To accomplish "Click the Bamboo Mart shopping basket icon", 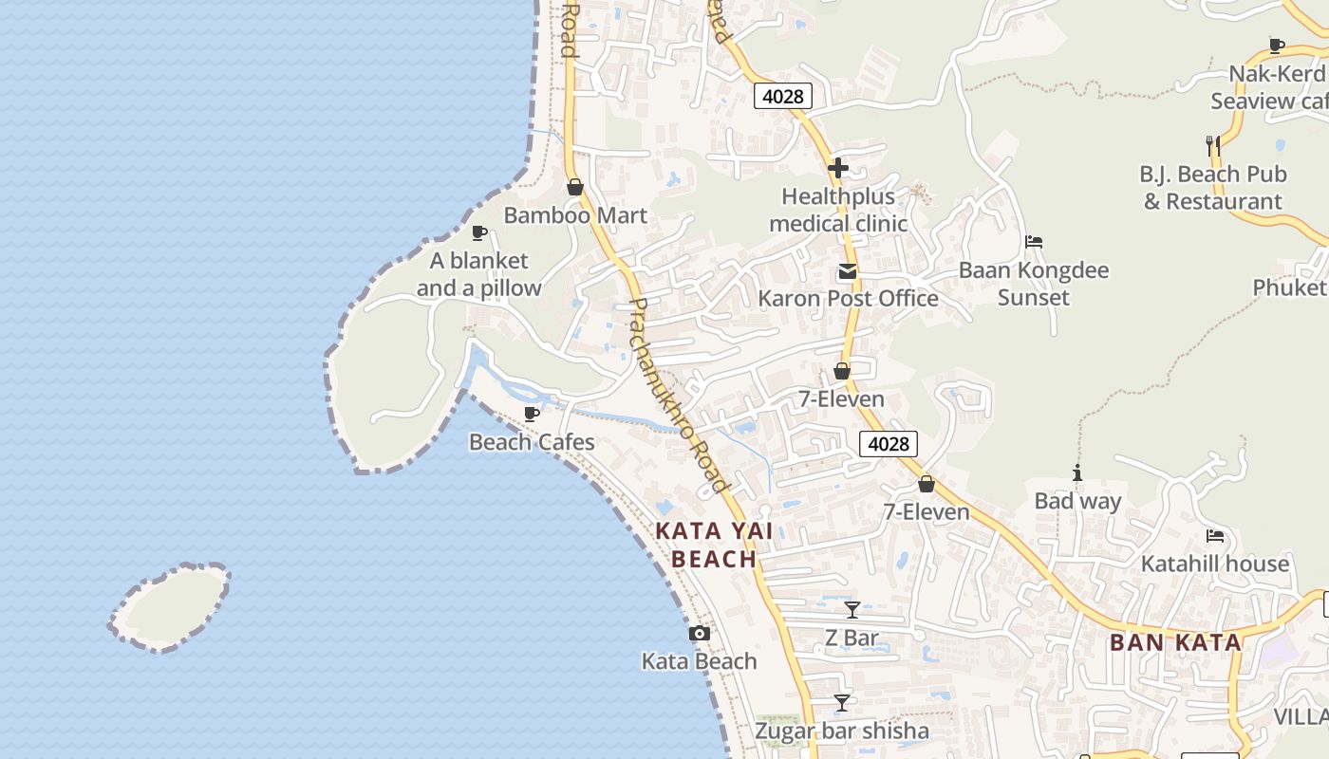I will [x=574, y=187].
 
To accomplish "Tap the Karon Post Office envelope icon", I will [x=847, y=272].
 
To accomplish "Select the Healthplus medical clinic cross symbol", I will [x=837, y=169].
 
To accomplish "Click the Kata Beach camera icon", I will [x=700, y=633].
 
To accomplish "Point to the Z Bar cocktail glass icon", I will [x=852, y=610].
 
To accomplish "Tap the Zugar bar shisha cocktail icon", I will [x=841, y=703].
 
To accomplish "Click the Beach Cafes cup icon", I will [x=532, y=414].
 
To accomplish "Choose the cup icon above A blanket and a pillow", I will [x=479, y=232].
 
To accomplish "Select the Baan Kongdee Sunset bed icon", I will [x=1034, y=242].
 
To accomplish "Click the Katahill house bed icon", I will [x=1214, y=536].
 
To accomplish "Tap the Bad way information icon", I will [x=1076, y=472].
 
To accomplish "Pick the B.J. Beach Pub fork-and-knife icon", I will [x=1212, y=145].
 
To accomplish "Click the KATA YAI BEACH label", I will [x=714, y=545].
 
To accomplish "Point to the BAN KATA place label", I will [x=1175, y=642].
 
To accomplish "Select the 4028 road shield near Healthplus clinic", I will [x=783, y=96].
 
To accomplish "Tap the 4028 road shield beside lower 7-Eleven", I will [x=889, y=443].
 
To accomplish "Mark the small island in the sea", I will [x=171, y=607].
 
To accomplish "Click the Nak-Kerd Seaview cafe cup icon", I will [x=1277, y=46].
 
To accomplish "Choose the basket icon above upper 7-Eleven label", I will [x=841, y=371].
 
